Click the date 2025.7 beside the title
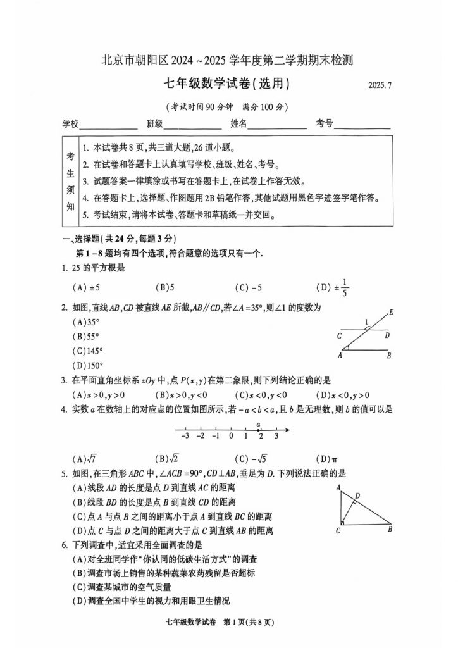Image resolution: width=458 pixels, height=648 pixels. (378, 86)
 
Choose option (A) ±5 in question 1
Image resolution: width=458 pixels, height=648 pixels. (87, 288)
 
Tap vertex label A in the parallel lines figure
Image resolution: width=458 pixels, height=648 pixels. (340, 356)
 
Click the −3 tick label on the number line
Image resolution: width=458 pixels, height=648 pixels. (185, 435)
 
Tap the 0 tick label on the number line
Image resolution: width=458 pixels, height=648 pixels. (231, 435)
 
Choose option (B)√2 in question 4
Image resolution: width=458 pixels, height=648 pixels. (167, 459)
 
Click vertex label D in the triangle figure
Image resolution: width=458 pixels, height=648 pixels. (358, 495)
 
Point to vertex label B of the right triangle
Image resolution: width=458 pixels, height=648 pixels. (390, 529)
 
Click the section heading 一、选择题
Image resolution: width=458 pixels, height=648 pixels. (82, 239)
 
